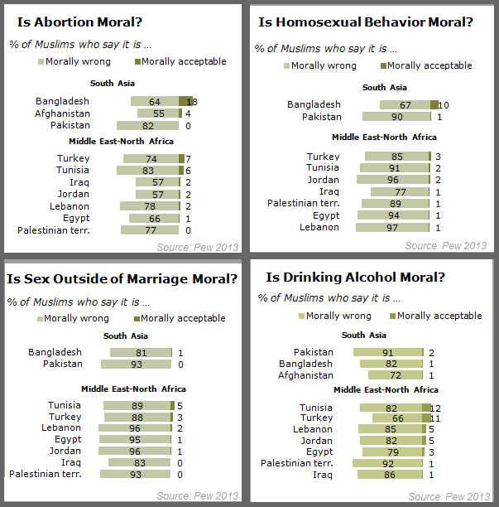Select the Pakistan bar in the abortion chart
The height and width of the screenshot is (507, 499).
point(148,126)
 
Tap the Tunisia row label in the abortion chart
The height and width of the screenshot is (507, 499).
point(74,170)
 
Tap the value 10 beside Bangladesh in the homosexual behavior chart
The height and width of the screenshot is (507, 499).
point(444,105)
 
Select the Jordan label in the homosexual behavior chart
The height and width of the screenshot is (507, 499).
point(324,180)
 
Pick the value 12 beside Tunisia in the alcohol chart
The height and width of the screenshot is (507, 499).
point(437,408)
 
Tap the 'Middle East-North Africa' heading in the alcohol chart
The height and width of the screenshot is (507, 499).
point(386,389)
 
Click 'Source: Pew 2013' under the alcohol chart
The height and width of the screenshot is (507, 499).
point(449,496)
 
